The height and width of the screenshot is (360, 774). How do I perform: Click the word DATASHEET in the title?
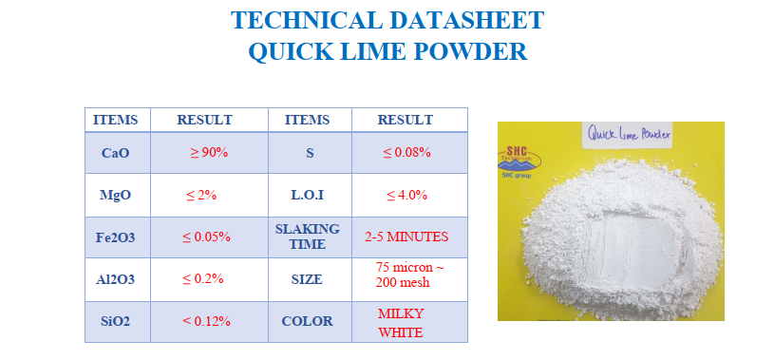467,20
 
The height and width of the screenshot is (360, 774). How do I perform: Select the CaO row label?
116,153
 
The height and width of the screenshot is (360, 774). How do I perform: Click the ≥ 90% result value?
209,153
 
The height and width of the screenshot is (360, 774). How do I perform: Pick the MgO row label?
116,195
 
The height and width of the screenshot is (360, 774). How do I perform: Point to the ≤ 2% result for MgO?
201,195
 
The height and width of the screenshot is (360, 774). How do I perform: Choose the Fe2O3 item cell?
116,237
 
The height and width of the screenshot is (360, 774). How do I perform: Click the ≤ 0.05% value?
206,237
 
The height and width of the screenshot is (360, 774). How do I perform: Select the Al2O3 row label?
116,279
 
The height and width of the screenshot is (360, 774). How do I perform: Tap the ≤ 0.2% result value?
203,279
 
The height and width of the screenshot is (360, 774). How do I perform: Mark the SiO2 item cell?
116,322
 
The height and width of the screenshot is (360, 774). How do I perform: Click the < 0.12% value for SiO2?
206,321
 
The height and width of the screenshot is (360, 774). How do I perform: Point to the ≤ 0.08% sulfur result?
406,153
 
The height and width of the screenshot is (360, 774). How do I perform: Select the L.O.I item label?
308,195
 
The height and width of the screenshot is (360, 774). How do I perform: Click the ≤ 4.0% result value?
406,195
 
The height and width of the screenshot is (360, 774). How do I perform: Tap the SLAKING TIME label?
308,237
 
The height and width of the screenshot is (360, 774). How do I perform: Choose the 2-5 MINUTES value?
406,237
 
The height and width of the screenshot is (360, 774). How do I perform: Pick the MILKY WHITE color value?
401,323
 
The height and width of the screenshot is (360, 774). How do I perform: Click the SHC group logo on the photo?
519,161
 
